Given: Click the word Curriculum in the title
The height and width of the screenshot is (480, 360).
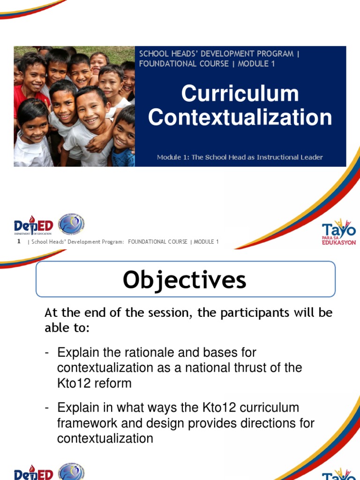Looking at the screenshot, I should click(240, 94).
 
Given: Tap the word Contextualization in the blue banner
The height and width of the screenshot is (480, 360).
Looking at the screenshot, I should click(240, 117).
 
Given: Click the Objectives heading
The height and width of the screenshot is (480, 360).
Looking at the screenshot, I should click(185, 280).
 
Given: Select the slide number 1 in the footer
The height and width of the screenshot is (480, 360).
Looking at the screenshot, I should click(18, 241).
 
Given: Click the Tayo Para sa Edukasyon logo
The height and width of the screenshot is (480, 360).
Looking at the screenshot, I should click(339, 232).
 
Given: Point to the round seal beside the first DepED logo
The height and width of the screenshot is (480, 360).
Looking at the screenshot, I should click(71, 225).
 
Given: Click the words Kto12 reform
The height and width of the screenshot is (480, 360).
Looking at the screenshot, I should click(94, 383).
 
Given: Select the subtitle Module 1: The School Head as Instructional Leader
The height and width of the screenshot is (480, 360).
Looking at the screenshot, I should click(240, 157).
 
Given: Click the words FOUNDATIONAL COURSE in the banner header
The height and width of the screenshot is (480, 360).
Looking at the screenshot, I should click(184, 64).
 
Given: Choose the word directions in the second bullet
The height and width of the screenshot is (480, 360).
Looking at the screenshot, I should click(269, 423).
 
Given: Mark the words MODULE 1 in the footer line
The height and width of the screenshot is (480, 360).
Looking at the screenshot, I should click(206, 242).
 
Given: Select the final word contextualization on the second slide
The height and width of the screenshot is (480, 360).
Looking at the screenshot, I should click(105, 439).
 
